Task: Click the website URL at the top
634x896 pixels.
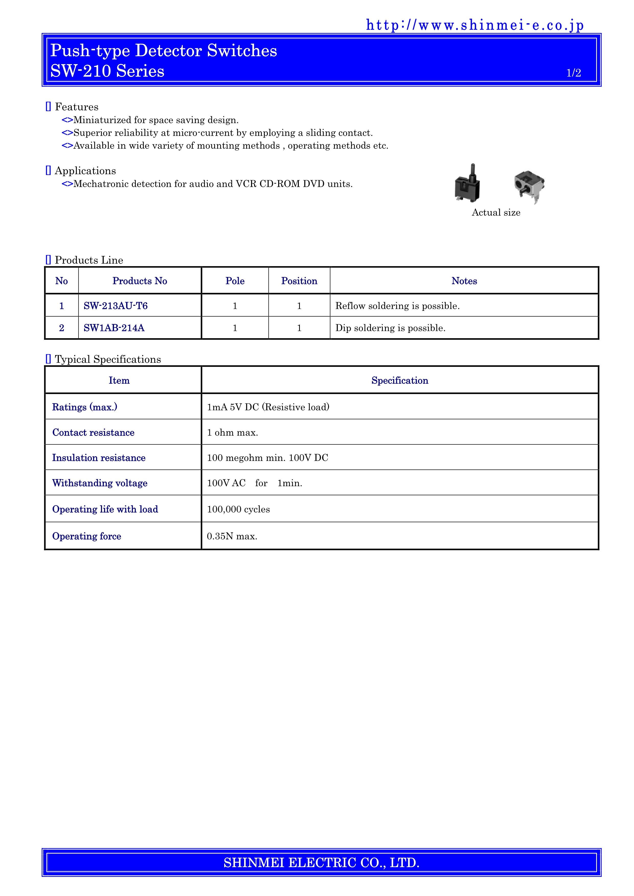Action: coord(475,25)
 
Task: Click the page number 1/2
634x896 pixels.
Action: coord(573,73)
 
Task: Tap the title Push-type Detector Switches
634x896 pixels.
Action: coord(164,51)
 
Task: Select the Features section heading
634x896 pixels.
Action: coord(76,107)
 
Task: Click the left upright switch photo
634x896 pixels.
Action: coord(467,184)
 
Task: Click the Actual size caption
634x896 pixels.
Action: coord(496,213)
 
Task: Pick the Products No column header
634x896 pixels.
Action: coord(140,281)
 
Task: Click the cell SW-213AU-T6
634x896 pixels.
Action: coord(116,306)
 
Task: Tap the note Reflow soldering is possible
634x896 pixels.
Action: coord(398,306)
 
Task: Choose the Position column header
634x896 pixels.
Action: coord(299,281)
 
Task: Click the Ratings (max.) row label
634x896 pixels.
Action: coord(85,407)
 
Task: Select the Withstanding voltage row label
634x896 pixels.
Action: coord(100,483)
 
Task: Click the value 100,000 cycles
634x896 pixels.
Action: coord(238,509)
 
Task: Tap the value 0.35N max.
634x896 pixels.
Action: coord(232,537)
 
